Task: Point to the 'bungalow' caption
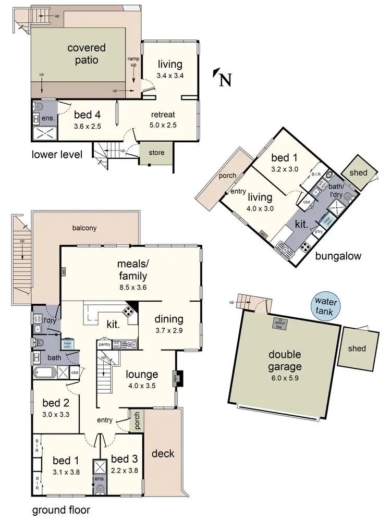338,256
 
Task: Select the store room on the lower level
156,153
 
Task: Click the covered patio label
87,54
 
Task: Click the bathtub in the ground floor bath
45,373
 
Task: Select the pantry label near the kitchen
104,344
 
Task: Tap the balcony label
85,228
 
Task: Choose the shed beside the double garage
357,349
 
